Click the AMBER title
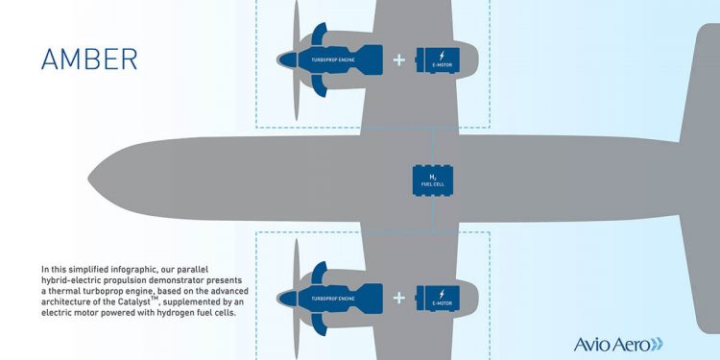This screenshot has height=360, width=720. (x=89, y=60)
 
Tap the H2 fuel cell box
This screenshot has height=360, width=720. (x=433, y=180)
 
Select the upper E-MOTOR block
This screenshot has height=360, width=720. (x=438, y=60)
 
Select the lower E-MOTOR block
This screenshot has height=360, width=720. (x=438, y=298)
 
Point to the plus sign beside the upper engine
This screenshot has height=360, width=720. (x=399, y=60)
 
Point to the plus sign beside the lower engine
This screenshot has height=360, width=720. (x=399, y=299)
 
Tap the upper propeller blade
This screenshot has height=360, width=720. (x=297, y=60)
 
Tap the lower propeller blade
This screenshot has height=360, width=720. (x=297, y=299)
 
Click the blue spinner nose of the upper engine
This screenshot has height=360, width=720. (x=287, y=60)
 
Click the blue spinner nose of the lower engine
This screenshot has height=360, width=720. (x=287, y=299)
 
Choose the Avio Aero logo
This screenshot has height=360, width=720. (x=618, y=344)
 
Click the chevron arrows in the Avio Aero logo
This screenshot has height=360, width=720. (x=658, y=344)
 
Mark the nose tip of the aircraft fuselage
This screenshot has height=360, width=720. (x=88, y=179)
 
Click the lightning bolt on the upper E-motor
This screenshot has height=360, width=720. (x=442, y=56)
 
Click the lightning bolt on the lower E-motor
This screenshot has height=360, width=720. (x=442, y=294)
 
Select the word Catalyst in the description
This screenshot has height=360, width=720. (x=136, y=301)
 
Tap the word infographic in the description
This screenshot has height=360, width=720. (x=133, y=269)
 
